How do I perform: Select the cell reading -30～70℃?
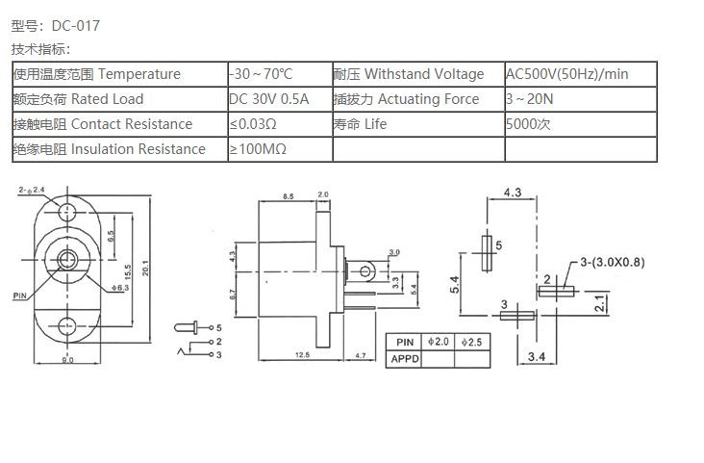(x=261, y=74)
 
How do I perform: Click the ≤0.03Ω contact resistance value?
(x=253, y=124)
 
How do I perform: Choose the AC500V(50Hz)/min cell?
(x=567, y=74)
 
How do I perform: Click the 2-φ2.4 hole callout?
(x=31, y=191)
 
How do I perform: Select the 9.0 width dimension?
(x=68, y=360)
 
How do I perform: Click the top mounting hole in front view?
(x=66, y=211)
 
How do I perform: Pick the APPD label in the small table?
(x=404, y=358)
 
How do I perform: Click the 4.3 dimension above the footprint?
(x=513, y=193)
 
